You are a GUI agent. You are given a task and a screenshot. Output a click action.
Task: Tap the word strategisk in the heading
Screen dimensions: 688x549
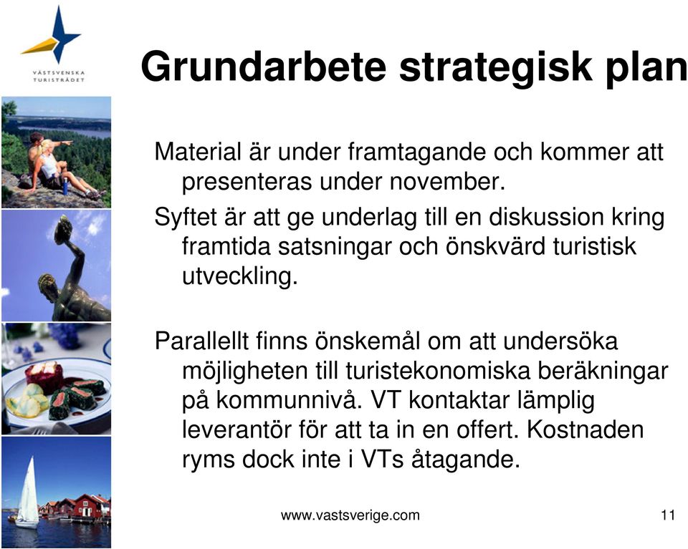click(496, 68)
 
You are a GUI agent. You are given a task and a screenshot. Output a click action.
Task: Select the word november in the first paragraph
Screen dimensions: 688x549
click(447, 181)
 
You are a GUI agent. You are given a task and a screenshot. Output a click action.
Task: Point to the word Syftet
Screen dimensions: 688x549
click(186, 218)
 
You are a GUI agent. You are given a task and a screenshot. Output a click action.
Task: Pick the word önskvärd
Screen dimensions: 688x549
click(495, 246)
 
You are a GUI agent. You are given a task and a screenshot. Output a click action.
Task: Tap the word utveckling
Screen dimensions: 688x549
click(240, 276)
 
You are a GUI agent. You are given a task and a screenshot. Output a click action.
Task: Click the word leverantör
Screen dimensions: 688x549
click(237, 429)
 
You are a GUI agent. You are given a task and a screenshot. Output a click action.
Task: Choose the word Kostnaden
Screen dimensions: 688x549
click(585, 429)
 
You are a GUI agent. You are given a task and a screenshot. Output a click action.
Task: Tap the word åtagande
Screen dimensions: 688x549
click(465, 460)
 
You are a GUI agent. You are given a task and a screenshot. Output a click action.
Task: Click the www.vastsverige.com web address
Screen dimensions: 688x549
click(350, 515)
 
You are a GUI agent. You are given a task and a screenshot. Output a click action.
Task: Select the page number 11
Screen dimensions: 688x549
click(668, 515)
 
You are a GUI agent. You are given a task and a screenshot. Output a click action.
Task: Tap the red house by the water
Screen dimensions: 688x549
click(91, 507)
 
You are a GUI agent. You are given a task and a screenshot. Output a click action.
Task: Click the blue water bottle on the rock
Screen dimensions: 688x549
click(65, 187)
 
